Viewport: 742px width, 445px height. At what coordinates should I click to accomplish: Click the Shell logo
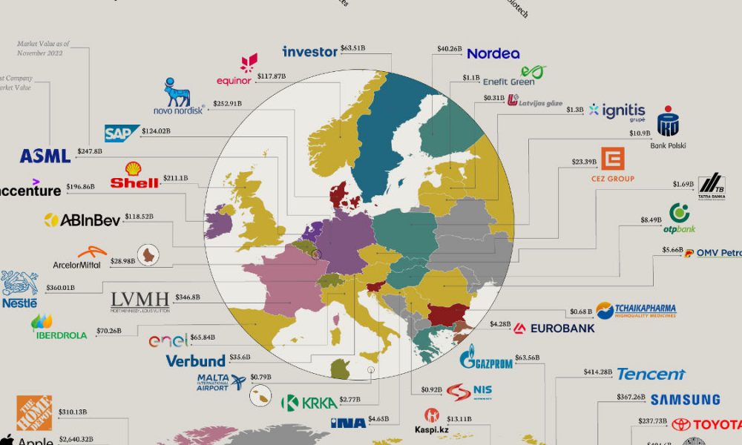[134, 176]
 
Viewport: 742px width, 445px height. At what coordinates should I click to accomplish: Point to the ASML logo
[45, 156]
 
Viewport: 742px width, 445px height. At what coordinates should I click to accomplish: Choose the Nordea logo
[493, 53]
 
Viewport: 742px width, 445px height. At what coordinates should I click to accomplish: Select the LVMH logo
[139, 300]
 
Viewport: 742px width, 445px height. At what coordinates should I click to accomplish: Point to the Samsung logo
[685, 400]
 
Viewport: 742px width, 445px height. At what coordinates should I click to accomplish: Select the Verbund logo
[195, 361]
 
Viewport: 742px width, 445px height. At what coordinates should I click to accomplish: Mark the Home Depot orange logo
[34, 412]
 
